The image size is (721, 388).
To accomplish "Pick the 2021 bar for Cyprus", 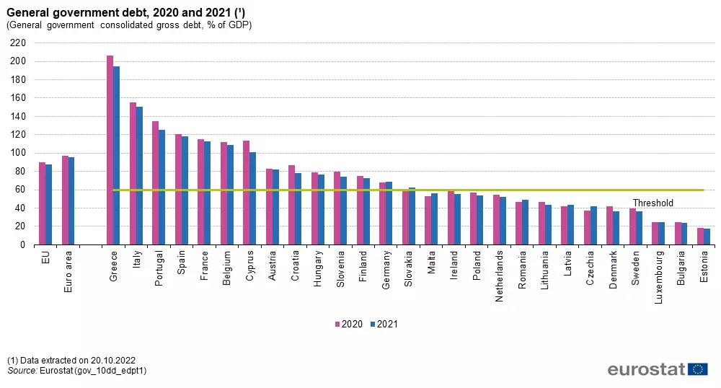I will coord(252,198).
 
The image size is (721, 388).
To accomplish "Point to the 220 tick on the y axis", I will coord(17,43).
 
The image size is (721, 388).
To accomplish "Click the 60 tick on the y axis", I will coord(20,190).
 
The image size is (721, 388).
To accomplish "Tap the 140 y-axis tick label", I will coord(17,116).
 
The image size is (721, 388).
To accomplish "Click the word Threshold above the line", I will coord(653,203).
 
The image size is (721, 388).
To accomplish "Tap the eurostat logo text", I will coord(645,369).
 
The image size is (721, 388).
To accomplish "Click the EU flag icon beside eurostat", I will coord(697,369).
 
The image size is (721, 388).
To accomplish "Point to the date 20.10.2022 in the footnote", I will coord(112,360).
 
